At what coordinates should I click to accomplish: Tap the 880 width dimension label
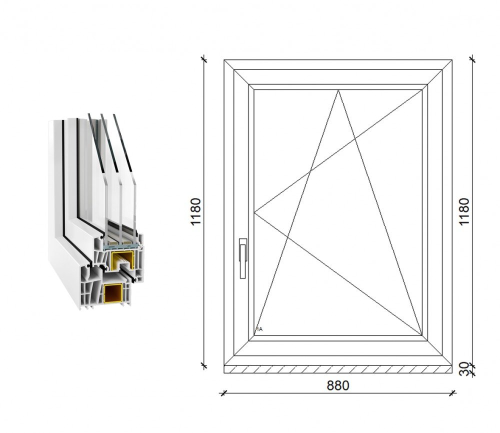[338, 385]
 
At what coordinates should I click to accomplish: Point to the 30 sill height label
[464, 369]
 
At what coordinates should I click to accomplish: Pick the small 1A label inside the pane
[259, 329]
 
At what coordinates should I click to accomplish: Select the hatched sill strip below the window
[338, 369]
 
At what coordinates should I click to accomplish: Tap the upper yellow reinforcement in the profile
[121, 259]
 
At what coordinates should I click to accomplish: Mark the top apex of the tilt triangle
[338, 90]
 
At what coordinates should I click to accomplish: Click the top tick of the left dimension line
[204, 59]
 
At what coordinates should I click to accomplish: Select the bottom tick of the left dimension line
[204, 366]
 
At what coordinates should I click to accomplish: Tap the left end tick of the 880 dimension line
[223, 392]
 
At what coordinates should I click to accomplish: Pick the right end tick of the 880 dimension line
[452, 392]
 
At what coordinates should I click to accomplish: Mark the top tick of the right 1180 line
[472, 59]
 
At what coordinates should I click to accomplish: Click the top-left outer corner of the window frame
[224, 60]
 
